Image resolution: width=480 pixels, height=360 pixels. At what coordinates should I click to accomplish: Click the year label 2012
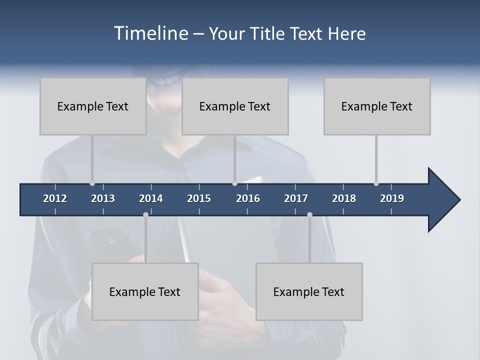(55, 198)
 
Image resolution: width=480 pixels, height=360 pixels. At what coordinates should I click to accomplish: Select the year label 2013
(103, 198)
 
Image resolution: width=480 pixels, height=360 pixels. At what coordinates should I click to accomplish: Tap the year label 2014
(151, 198)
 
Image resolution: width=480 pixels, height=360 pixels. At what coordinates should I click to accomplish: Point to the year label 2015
(199, 198)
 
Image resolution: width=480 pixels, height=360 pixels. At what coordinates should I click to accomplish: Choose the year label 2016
(248, 198)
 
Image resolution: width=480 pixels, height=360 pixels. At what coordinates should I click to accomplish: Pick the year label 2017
(296, 198)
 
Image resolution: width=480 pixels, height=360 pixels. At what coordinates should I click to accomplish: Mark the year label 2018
(344, 198)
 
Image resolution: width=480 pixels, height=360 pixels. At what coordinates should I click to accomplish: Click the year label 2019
(392, 198)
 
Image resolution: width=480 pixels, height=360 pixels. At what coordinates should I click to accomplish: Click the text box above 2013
(93, 106)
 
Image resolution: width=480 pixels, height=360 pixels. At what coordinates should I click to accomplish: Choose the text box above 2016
(235, 106)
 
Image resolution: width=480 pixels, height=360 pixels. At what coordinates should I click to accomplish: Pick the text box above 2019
(377, 106)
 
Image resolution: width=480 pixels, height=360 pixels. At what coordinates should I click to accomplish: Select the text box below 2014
(145, 291)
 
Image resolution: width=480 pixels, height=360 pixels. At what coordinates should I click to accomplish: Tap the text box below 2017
(309, 291)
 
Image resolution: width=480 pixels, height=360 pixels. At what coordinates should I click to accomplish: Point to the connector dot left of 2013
(92, 183)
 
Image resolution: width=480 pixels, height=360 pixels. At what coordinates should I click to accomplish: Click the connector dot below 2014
(145, 215)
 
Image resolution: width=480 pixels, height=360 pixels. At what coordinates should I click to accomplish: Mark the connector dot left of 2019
(376, 183)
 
